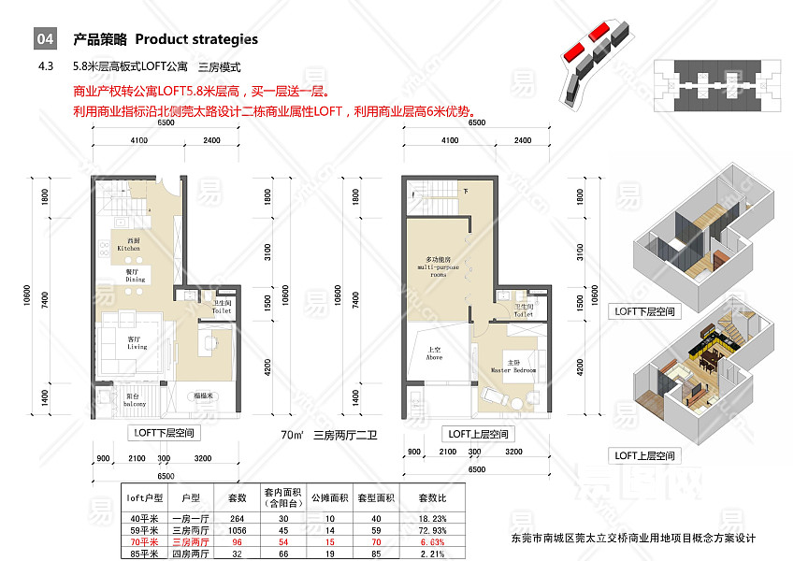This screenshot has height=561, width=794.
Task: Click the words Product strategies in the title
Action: pos(196,39)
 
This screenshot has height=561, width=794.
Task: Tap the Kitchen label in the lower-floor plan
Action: pos(128,246)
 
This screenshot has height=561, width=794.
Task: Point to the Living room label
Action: pos(137,343)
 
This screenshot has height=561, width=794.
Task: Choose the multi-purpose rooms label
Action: pos(439,266)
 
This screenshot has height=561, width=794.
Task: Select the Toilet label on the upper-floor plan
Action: pos(523,310)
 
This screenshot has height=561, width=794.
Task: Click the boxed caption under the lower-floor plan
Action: pos(166,434)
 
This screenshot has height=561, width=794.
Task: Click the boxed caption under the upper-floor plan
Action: pos(479,434)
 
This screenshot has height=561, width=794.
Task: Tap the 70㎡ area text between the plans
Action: pos(293,435)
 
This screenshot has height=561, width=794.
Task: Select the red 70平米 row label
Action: pos(145,542)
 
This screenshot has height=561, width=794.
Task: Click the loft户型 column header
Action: pos(145,498)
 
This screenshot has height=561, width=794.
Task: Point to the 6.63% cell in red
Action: pos(432,542)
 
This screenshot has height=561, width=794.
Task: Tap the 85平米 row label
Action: pos(145,554)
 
